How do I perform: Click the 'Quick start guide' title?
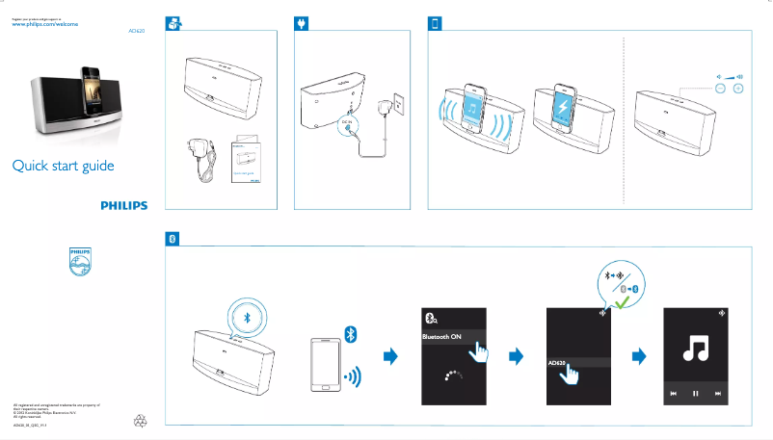point(63,167)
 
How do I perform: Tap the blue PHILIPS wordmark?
point(124,205)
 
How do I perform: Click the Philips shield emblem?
point(79,262)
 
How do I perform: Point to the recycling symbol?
point(141,420)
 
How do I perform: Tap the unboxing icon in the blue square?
point(173,24)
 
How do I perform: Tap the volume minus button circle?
point(719,89)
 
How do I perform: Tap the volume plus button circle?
point(738,89)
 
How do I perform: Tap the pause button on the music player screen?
point(695,394)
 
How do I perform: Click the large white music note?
point(695,346)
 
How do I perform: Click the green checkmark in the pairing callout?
point(624,301)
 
